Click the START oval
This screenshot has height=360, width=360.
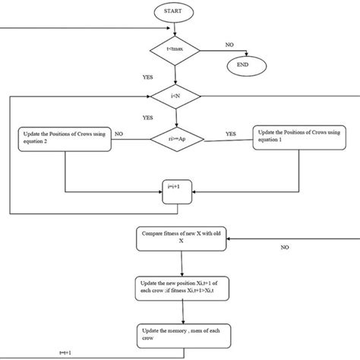[176, 11]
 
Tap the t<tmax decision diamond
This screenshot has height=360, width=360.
[176, 50]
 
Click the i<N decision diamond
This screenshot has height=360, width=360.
[176, 96]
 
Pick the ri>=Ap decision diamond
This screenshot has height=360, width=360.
[176, 139]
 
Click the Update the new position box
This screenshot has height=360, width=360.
[176, 288]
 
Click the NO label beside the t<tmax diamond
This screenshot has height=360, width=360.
[229, 45]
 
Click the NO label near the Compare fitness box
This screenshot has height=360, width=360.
[285, 247]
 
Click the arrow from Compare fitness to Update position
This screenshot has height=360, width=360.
[176, 262]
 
